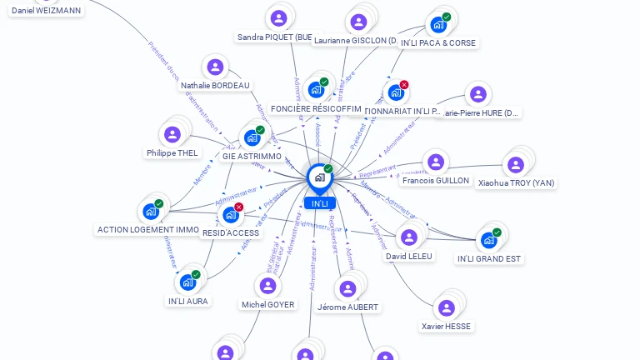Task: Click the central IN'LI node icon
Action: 319,177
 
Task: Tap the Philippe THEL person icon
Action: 172,135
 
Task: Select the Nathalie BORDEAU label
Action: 215,85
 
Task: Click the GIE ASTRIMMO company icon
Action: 252,137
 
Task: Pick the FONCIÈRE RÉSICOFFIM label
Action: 316,108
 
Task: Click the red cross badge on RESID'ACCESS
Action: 239,207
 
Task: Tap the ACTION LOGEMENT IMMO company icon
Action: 150,212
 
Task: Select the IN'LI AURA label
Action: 188,301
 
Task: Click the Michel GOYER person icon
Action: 267,287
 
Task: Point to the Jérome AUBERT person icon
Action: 347,289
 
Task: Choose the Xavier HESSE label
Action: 446,326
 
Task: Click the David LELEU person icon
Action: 408,238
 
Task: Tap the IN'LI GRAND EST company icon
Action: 488,241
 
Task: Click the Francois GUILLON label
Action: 435,180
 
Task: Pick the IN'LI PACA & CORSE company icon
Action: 437,25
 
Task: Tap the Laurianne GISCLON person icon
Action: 359,22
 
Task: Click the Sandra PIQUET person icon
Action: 278,18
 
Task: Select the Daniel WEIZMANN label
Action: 47,10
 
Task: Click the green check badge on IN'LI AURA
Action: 196,274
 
